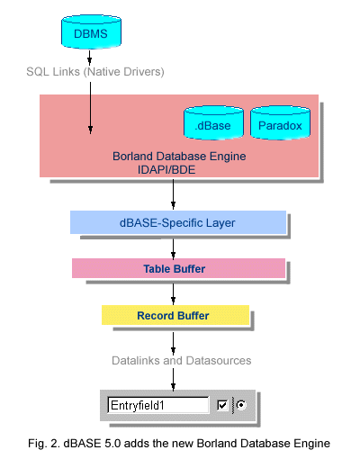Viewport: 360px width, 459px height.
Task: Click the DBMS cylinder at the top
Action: [91, 31]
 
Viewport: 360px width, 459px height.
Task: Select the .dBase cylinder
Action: [213, 123]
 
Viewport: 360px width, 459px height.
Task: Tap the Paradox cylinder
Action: [280, 123]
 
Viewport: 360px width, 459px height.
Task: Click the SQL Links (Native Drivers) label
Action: [95, 72]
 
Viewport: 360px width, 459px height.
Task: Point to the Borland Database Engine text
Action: [179, 157]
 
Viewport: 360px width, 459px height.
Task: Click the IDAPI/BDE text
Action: [166, 170]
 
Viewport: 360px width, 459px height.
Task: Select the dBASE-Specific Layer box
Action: [178, 222]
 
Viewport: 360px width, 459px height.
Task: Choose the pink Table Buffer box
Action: [178, 268]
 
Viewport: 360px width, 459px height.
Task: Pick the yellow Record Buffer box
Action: [175, 315]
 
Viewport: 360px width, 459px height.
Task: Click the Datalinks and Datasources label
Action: [181, 361]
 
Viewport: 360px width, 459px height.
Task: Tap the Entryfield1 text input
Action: [158, 405]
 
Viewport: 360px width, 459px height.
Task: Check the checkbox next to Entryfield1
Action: [222, 405]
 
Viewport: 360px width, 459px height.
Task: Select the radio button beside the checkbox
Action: [241, 405]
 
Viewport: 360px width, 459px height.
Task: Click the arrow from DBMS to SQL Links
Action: [89, 58]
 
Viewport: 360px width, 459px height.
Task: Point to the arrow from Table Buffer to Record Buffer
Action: [173, 294]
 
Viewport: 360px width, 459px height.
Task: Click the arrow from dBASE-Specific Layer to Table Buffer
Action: [173, 249]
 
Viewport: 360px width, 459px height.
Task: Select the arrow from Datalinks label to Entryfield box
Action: [173, 380]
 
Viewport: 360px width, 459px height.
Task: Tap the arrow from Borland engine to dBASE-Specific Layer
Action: [173, 194]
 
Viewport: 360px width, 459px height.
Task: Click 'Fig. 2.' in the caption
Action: [44, 444]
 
